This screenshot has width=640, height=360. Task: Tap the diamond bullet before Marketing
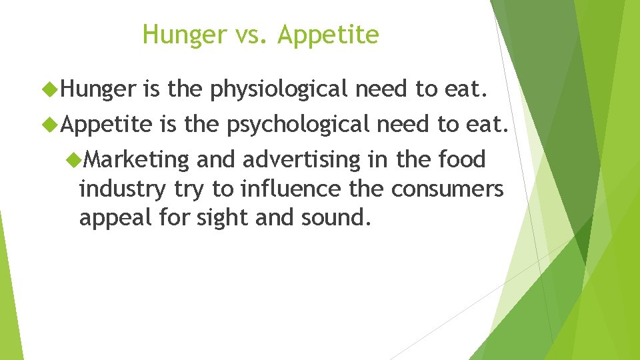pos(75,159)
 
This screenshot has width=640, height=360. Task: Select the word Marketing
pos(138,160)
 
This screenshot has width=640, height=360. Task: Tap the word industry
pos(121,189)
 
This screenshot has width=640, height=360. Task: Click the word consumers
pos(447,189)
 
